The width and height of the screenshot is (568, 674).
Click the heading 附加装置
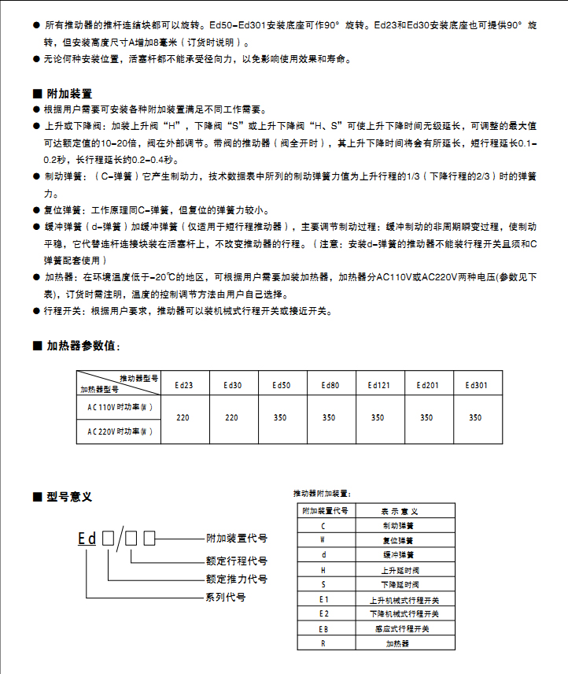click(x=69, y=94)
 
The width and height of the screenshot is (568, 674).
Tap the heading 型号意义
click(x=69, y=497)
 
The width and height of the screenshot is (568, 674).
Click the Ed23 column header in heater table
click(x=183, y=385)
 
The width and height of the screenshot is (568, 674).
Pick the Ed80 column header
click(x=330, y=385)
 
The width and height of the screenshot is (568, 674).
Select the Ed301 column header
click(x=476, y=385)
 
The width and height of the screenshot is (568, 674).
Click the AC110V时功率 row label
click(x=120, y=407)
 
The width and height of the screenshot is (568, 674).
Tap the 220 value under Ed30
click(x=232, y=418)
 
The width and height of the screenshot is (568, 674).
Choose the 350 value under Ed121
click(x=378, y=418)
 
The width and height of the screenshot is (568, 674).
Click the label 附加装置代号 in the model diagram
click(x=236, y=539)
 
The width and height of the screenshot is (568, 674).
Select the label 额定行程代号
click(x=236, y=561)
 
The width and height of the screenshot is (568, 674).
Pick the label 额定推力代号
click(x=236, y=580)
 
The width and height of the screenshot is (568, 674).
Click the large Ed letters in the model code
click(x=87, y=539)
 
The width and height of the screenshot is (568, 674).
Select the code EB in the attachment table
click(x=323, y=629)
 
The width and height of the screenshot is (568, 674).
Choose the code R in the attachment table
click(x=323, y=643)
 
